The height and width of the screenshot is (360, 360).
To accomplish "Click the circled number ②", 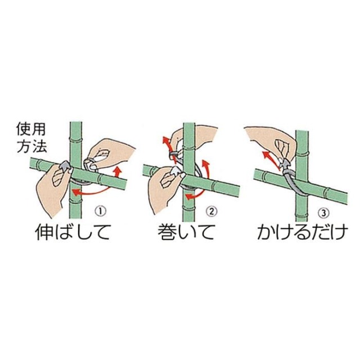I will (211, 211).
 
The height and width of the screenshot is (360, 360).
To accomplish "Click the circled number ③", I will (322, 211).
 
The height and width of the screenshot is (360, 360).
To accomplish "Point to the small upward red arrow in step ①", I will (117, 170).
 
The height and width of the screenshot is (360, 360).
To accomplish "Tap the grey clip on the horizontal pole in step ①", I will (65, 166).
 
